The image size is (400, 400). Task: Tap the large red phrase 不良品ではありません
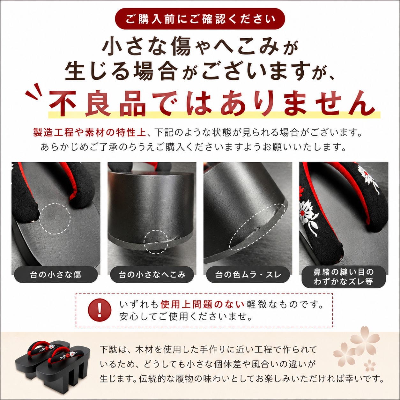[x=212, y=104]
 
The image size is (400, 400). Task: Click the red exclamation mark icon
[x=100, y=310]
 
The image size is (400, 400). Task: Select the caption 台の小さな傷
[x=56, y=275]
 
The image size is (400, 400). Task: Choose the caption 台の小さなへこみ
[x=152, y=275]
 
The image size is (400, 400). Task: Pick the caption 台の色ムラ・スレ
[x=248, y=275]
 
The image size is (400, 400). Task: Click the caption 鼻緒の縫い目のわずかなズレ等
[x=344, y=277]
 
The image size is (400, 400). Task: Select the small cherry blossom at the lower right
[x=369, y=365]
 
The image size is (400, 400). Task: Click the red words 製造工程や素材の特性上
[x=89, y=132]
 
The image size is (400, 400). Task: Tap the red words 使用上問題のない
[x=202, y=304]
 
